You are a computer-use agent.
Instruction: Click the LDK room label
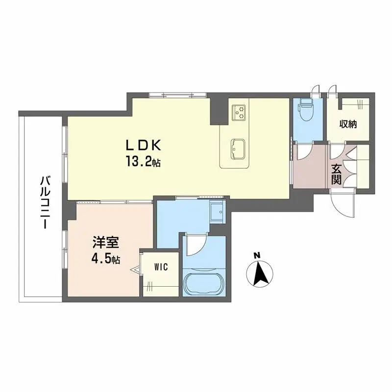coord(143,145)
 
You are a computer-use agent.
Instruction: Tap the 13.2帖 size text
coord(143,163)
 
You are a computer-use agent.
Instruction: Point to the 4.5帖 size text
coord(106,259)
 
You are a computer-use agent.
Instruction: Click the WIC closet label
coord(161,267)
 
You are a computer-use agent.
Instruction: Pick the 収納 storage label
coord(348,124)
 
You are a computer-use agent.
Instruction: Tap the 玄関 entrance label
coord(336,174)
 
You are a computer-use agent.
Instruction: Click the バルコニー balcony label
coord(45,202)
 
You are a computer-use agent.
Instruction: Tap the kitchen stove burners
coord(239,112)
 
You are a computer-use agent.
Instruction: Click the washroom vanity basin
coord(217,211)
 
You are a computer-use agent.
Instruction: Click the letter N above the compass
coord(256,255)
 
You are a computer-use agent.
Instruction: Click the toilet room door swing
coord(303,152)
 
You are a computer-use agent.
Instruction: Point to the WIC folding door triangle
coord(136,270)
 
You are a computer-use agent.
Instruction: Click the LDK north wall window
coord(178,95)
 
